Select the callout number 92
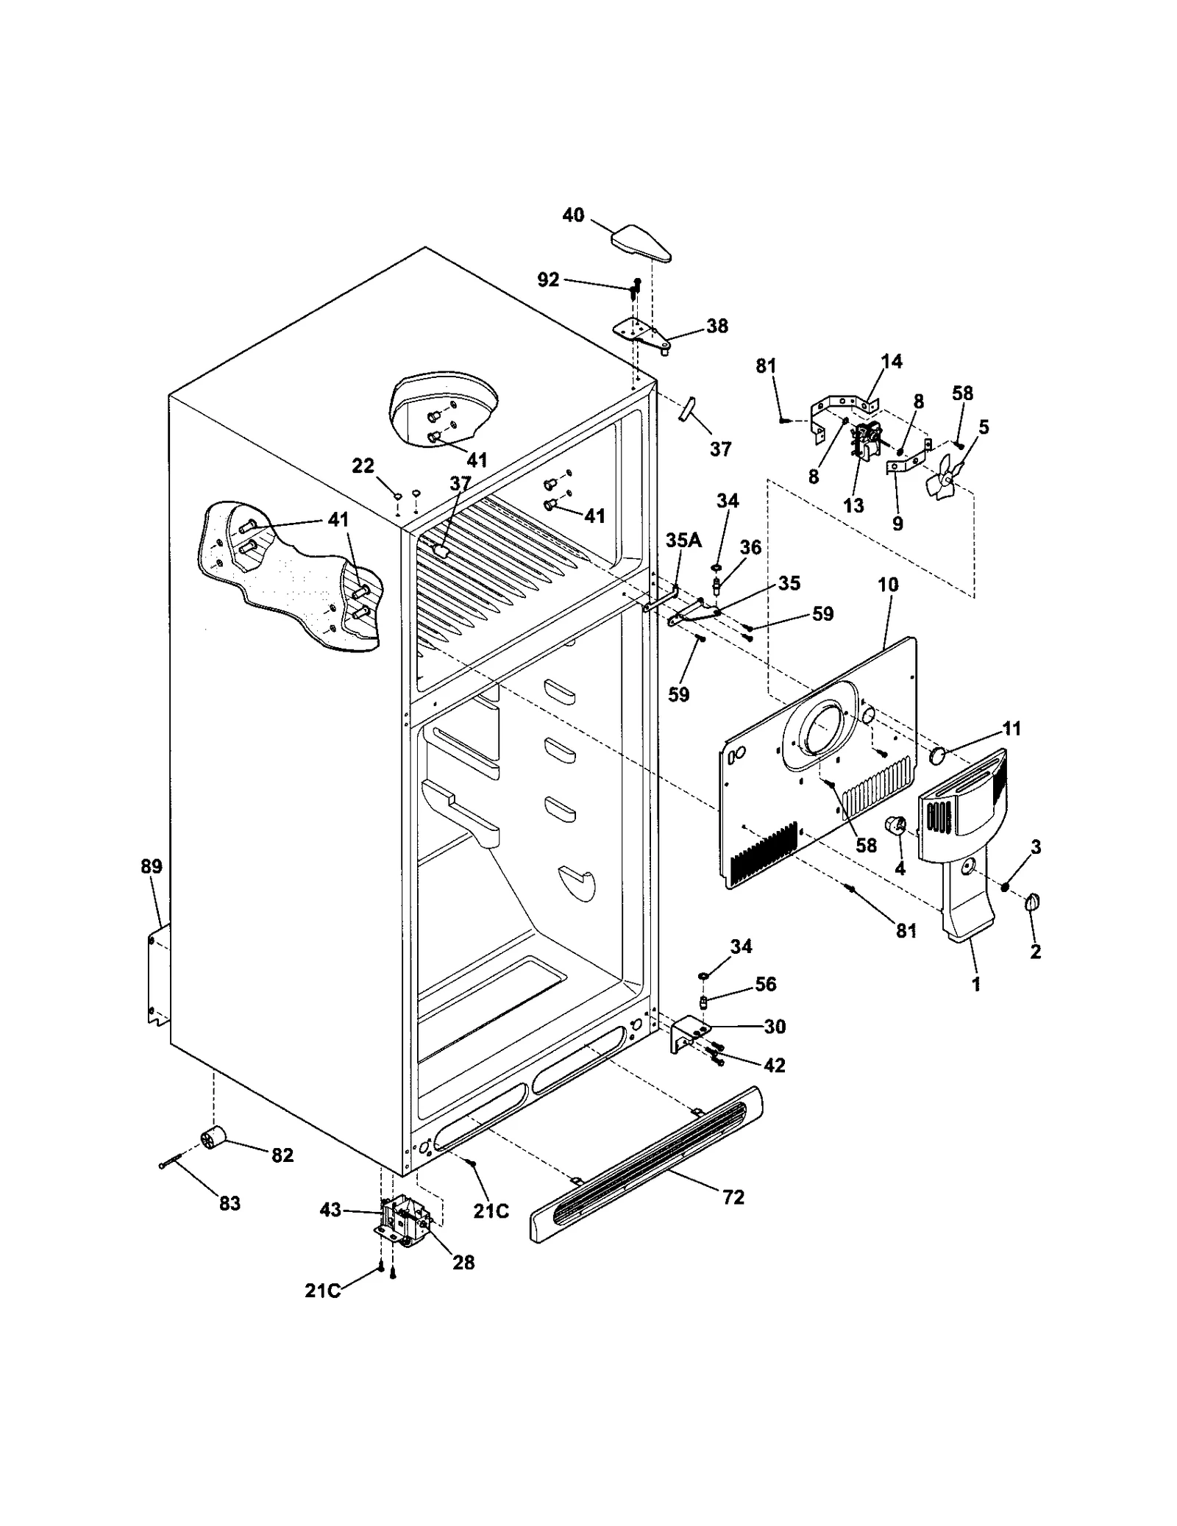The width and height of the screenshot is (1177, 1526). coord(548,280)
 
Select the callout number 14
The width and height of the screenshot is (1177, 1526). coord(892,361)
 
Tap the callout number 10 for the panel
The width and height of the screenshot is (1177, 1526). coord(888,585)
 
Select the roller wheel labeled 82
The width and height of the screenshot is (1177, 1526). coord(213,1141)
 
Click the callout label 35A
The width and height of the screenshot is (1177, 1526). coord(683,541)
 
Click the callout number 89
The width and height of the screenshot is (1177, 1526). coord(152,866)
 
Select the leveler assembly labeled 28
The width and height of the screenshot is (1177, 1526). coord(402,1227)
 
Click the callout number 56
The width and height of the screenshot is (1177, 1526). coord(766,984)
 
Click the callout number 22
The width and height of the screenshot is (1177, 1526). coord(363,466)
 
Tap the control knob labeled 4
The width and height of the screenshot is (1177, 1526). coord(895,826)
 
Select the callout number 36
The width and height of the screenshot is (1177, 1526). coord(750,547)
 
